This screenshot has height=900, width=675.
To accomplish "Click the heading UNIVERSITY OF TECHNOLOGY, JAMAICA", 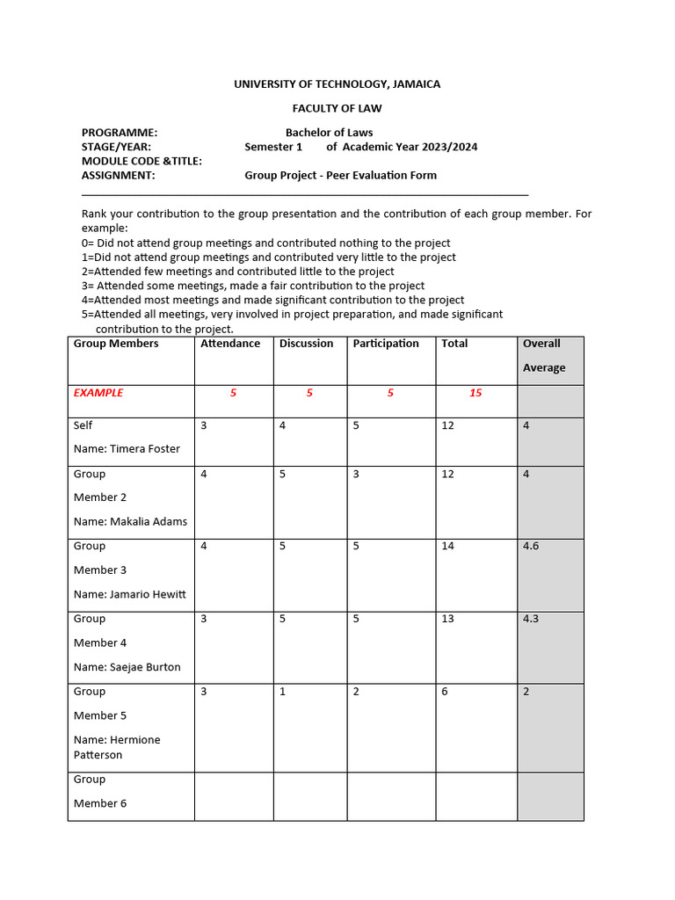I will (x=337, y=84).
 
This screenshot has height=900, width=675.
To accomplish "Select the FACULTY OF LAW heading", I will (x=337, y=109).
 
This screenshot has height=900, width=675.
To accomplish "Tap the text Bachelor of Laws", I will (x=329, y=133).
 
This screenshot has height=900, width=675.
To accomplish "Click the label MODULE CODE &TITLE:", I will (x=142, y=161).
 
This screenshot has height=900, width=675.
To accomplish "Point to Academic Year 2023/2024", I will (x=410, y=147).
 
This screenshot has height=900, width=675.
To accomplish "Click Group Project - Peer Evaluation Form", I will (x=340, y=175).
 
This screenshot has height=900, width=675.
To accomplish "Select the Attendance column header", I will (x=230, y=344).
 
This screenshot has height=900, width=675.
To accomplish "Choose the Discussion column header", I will (x=306, y=344).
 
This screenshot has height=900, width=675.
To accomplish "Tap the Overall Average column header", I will (x=544, y=356).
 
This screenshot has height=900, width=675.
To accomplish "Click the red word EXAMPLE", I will (x=98, y=393).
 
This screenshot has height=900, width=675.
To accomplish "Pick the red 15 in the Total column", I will (x=475, y=393).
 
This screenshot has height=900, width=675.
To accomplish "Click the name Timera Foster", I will (x=145, y=449).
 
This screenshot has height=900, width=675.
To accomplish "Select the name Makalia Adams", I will (x=149, y=521).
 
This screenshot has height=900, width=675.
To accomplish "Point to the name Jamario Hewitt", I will (x=148, y=594).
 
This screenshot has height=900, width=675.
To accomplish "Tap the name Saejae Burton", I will (x=145, y=667).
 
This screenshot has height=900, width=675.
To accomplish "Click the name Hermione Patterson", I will (x=117, y=747).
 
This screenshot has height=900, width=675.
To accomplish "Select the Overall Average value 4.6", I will (x=531, y=546).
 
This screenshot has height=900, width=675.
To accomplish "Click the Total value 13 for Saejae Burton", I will (x=447, y=619).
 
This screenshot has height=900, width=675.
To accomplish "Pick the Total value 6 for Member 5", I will (x=445, y=692).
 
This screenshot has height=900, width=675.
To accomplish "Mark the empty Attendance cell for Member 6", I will (x=234, y=796).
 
